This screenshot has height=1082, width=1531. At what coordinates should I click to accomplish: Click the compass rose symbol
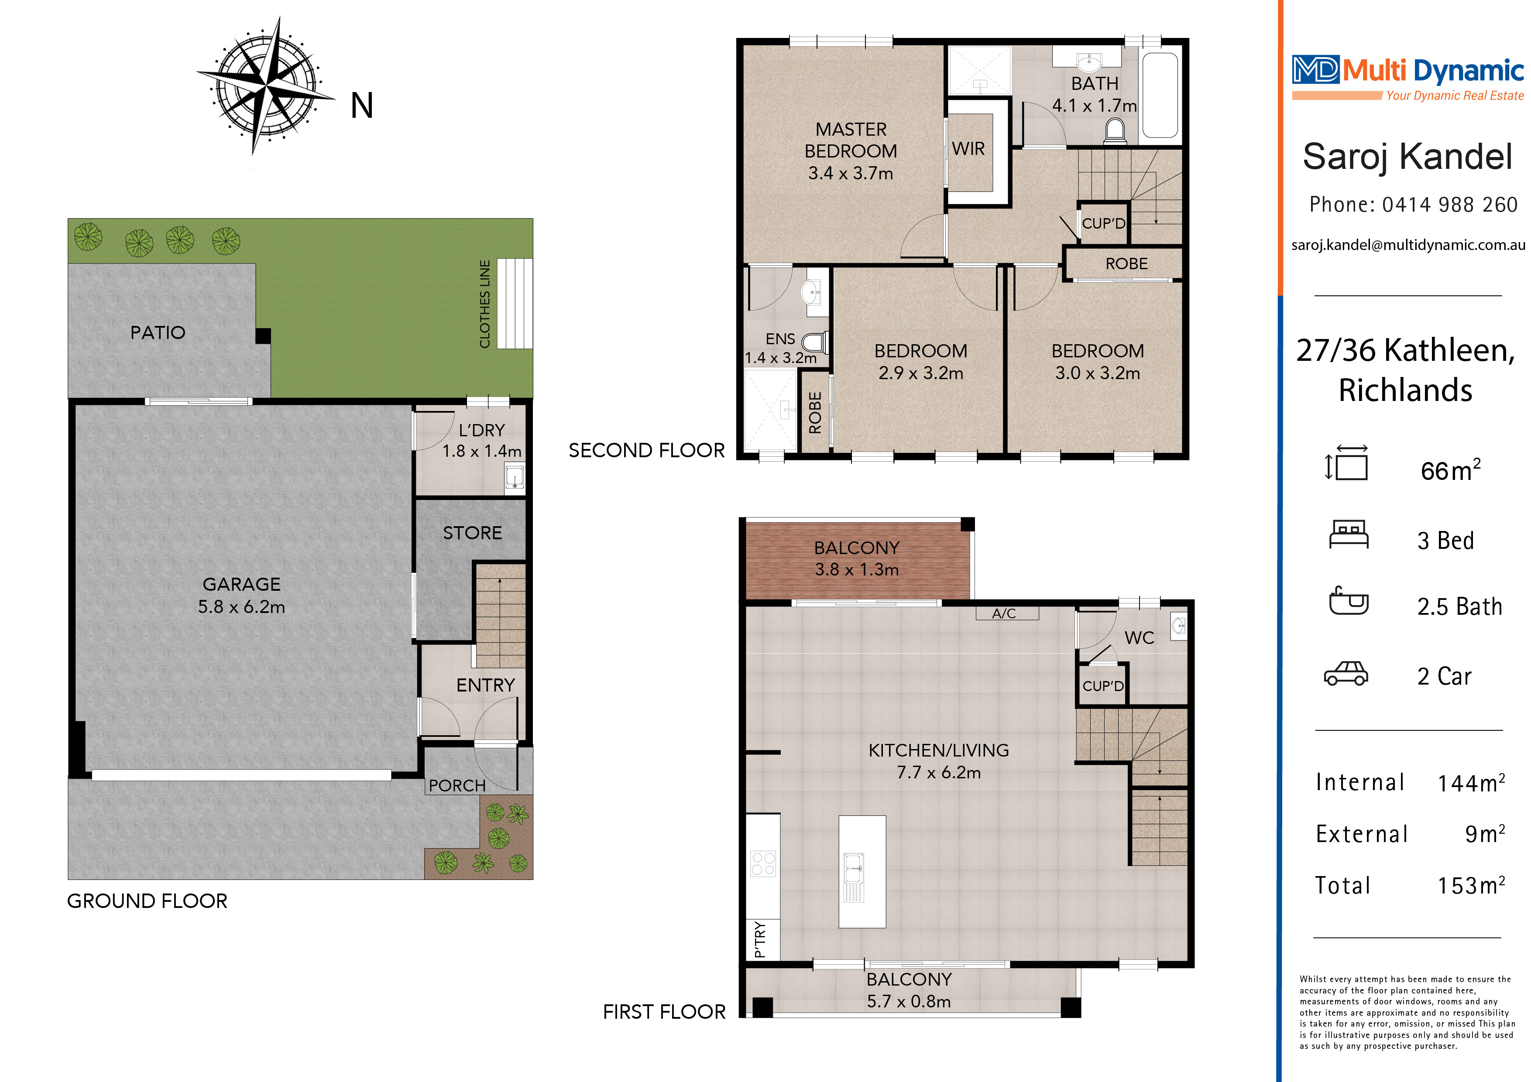(266, 86)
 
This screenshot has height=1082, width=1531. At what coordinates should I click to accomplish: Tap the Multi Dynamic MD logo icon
(1315, 69)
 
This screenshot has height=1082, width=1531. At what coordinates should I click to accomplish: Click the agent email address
(1407, 245)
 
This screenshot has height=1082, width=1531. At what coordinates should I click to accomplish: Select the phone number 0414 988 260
(1450, 205)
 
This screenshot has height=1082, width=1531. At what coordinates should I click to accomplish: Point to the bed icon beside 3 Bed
(1348, 534)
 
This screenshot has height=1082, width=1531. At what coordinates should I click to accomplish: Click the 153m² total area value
(1471, 885)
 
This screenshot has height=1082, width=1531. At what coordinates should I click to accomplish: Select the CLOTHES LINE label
(485, 304)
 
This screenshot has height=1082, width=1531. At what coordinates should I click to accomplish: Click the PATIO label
(158, 332)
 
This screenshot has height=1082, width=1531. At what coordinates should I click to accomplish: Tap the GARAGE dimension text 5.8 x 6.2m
(241, 607)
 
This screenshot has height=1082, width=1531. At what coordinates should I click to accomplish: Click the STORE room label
(472, 533)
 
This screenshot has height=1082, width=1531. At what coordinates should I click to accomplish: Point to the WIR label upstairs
(968, 149)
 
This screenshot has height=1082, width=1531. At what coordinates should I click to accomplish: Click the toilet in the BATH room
(1115, 130)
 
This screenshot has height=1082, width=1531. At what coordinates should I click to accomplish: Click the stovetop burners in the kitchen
(763, 863)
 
